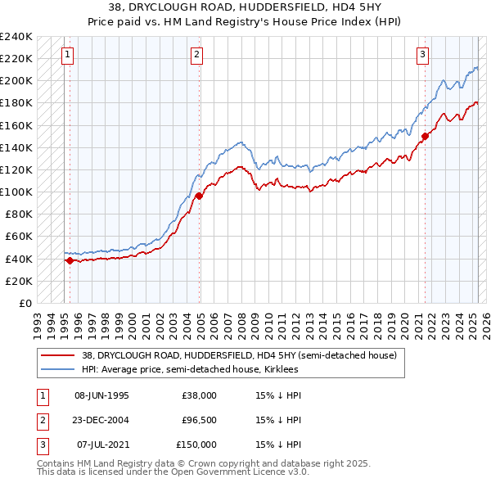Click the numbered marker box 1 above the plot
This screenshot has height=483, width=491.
coord(67,56)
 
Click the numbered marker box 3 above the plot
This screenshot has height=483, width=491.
coord(422,56)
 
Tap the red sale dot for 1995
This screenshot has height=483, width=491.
coord(70,260)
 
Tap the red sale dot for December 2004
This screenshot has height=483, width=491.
coord(199,196)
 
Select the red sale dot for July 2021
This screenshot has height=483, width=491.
coord(425,136)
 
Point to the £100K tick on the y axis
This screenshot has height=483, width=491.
coord(17,192)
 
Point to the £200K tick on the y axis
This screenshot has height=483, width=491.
coord(17,81)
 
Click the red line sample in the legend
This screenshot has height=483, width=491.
coord(57,355)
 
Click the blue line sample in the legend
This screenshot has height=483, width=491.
coord(57,369)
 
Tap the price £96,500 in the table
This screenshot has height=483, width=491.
coord(198,420)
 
